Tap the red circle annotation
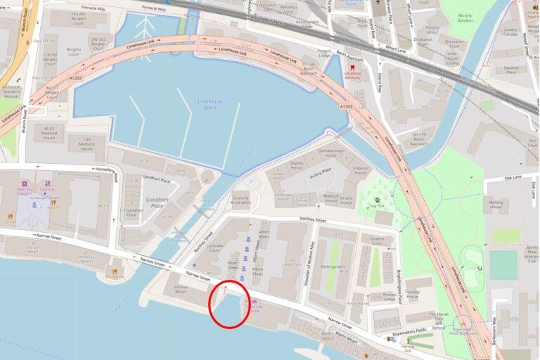229,304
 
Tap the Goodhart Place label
156,202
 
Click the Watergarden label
332,267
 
